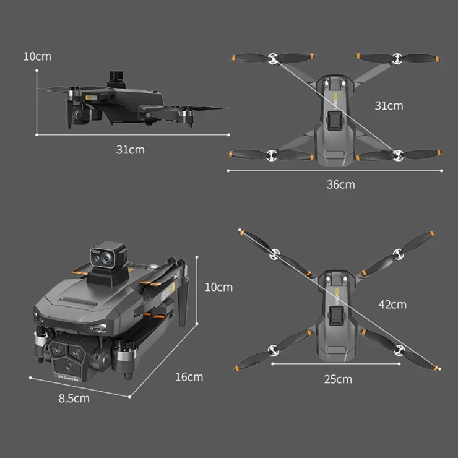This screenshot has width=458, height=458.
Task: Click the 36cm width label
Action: click(340, 184)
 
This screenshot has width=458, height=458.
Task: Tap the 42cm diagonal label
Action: click(392, 305)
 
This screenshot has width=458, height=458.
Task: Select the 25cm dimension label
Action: click(338, 379)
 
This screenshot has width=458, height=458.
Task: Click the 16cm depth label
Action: click(189, 377)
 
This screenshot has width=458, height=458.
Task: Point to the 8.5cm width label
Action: click(74, 399)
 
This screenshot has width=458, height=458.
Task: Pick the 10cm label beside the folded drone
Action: click(218, 287)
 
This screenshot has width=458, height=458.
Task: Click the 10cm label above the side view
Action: click(37, 57)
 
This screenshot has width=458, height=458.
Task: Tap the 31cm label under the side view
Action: click(130, 150)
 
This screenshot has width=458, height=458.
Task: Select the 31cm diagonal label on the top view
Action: click(389, 106)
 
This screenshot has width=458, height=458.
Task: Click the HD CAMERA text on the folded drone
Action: click(67, 378)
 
